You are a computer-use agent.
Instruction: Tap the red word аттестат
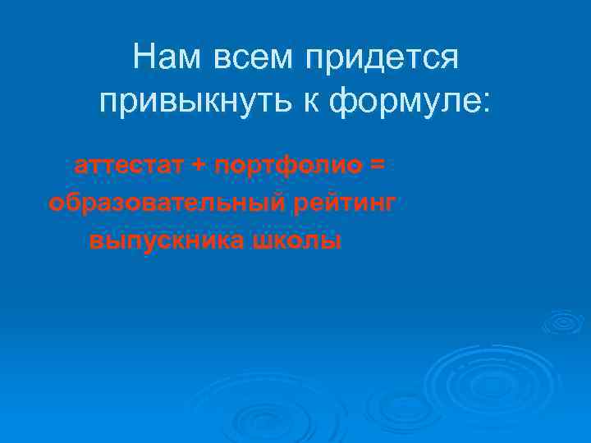click(129, 166)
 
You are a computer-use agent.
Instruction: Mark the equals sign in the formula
click(376, 166)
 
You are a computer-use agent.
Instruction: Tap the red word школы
click(296, 241)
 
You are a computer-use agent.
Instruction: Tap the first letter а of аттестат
click(80, 167)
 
